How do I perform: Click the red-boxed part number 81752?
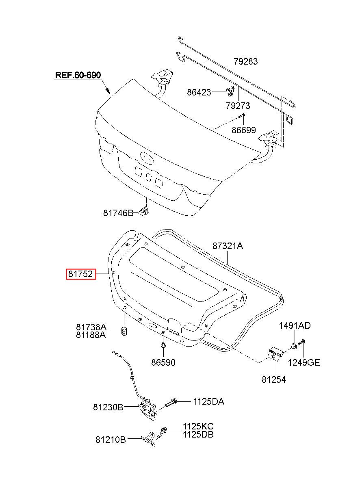point(81,274)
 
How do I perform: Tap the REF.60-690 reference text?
point(78,75)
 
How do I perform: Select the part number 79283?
point(245,61)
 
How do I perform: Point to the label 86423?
point(199,92)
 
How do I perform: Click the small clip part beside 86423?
point(230,91)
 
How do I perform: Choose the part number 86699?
point(243,130)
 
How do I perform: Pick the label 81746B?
point(118,213)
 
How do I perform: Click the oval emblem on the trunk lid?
point(147,158)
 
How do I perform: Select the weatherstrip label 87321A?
point(228,246)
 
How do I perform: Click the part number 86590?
point(163,362)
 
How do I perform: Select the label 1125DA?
point(208,402)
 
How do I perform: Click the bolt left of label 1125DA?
point(171,402)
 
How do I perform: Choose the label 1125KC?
point(198,426)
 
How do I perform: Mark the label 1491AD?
point(295,325)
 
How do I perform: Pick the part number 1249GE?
point(304,362)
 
